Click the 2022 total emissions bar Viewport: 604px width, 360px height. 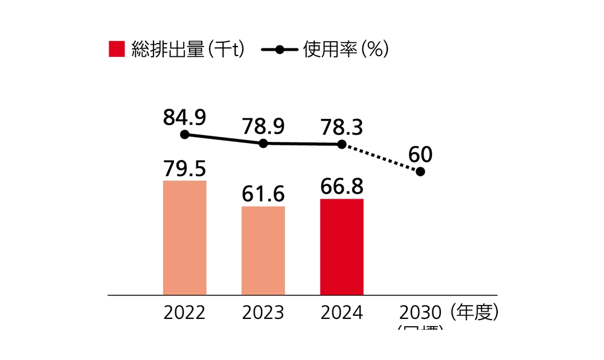coord(185,237)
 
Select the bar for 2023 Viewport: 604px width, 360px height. coord(263,251)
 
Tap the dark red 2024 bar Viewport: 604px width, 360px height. coord(342,246)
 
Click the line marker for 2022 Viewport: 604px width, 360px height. coord(185,135)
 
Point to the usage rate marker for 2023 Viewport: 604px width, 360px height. coord(263,144)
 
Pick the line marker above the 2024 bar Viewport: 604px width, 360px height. coord(342,144)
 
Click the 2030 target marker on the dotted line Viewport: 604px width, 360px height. coord(420,172)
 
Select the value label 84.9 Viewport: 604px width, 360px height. coord(185,117)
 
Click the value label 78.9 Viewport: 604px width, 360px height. coord(263,126)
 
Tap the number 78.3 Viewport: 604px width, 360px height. coord(342,127)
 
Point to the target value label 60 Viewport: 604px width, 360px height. coord(420,155)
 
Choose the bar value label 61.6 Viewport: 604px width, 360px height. coord(263,194)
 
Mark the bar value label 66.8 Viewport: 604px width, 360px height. coord(342,187)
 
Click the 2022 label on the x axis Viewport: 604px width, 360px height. coord(185,313)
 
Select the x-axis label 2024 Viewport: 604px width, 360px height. coord(342,313)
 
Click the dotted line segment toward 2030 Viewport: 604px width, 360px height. coord(381,158)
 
